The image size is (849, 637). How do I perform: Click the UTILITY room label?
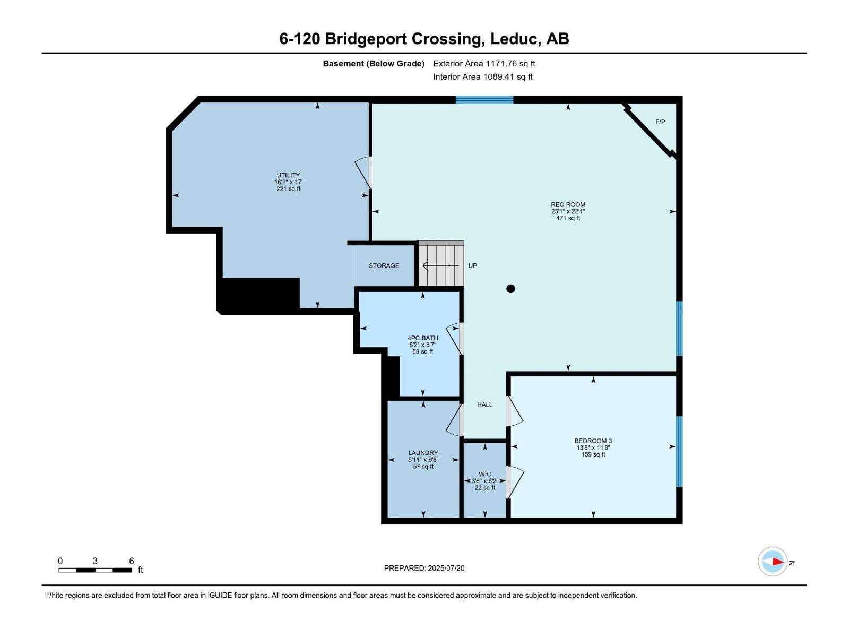(288, 175)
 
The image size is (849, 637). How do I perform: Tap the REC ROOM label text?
(568, 204)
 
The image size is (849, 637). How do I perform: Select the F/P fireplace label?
(660, 122)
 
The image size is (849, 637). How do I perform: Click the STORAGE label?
(384, 265)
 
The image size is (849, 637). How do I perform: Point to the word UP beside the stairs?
(472, 265)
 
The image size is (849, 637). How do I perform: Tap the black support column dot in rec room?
(510, 289)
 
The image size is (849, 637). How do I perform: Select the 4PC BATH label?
(422, 338)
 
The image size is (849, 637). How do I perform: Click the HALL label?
(484, 404)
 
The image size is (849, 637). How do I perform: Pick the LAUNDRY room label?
(423, 453)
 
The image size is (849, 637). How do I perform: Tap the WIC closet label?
(484, 474)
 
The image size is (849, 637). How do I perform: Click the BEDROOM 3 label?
(593, 441)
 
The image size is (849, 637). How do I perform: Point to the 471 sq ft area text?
(568, 218)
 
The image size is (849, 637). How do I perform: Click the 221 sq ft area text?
(288, 189)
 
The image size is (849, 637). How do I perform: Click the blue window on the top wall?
(484, 100)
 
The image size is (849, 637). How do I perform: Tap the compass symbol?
(773, 561)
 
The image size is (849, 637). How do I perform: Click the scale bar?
(95, 570)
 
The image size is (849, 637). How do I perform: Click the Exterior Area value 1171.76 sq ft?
(510, 64)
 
